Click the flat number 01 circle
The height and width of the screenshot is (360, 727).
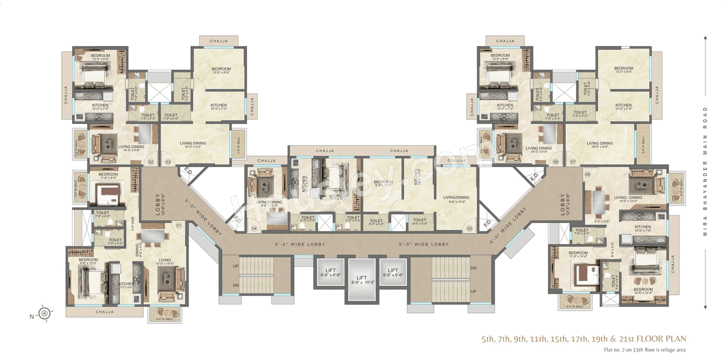point(178,225)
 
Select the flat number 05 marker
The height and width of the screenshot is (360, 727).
point(470,229)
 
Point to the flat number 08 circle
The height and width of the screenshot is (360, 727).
point(588,174)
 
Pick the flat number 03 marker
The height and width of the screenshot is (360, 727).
point(168,162)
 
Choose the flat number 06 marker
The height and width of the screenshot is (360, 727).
point(556,162)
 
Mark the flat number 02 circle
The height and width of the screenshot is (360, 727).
point(151,162)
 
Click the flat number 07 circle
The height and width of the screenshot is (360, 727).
point(573,162)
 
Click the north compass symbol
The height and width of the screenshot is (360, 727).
point(45,311)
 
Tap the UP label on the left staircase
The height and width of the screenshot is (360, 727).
point(236,266)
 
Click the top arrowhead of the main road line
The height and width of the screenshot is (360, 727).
point(705,38)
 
